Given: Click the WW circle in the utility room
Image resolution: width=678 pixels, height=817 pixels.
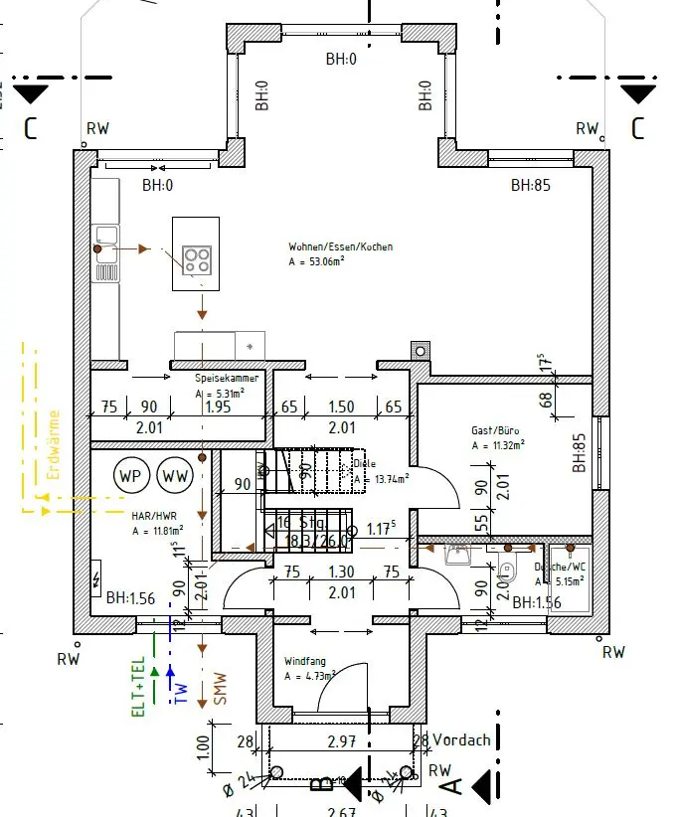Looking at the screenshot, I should [175, 475].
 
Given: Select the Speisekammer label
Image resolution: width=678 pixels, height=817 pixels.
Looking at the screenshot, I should [227, 378].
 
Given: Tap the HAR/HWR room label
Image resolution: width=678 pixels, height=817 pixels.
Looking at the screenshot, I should [153, 517].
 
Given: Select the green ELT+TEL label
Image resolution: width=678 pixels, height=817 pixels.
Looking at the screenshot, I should [139, 685].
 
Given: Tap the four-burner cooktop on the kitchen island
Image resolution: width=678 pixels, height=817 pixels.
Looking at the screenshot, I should [197, 260].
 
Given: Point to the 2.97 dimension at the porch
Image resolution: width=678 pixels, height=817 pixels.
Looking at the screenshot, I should [341, 740].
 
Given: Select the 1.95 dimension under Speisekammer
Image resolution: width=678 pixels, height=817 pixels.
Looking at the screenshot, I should [218, 407].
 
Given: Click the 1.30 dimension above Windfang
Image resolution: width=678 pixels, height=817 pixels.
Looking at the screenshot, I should [340, 572].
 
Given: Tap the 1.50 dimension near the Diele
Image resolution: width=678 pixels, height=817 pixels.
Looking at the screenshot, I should [341, 407].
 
